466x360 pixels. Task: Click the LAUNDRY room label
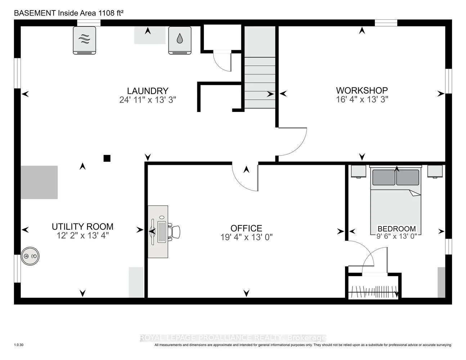pyautogui.click(x=148, y=91)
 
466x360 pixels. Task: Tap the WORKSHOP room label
pyautogui.click(x=362, y=90)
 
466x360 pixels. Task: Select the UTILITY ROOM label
pyautogui.click(x=82, y=226)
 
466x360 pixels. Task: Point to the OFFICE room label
pyautogui.click(x=246, y=229)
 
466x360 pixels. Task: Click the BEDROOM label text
pyautogui.click(x=397, y=229)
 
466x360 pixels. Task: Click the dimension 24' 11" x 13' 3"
pyautogui.click(x=148, y=100)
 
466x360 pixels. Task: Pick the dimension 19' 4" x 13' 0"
pyautogui.click(x=246, y=238)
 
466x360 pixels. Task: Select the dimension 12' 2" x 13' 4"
pyautogui.click(x=82, y=235)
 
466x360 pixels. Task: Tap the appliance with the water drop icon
pyautogui.click(x=180, y=40)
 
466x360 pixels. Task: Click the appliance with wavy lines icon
pyautogui.click(x=84, y=40)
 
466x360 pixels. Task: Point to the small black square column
pyautogui.click(x=107, y=158)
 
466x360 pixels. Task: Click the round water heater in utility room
pyautogui.click(x=30, y=256)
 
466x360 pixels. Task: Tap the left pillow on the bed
pyautogui.click(x=384, y=177)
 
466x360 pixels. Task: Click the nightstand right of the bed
pyautogui.click(x=435, y=171)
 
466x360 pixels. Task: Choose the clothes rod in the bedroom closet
pyautogui.click(x=373, y=292)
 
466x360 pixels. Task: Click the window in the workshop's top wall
pyautogui.click(x=386, y=22)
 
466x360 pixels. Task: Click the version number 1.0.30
pyautogui.click(x=19, y=345)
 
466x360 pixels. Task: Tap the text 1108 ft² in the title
pyautogui.click(x=111, y=13)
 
